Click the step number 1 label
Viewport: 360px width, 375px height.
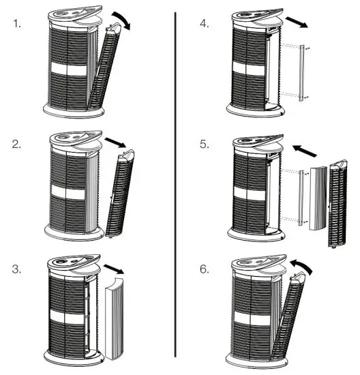[17, 23]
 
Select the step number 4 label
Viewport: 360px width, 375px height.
[204, 23]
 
